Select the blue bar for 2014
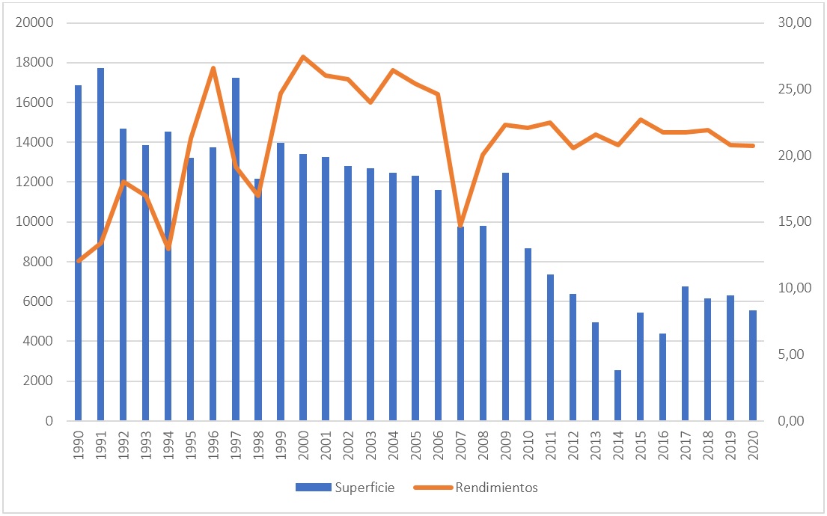(x=617, y=396)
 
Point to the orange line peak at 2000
(x=302, y=57)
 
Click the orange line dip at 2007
(x=460, y=225)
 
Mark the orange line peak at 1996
(x=213, y=68)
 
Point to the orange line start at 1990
(x=79, y=260)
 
